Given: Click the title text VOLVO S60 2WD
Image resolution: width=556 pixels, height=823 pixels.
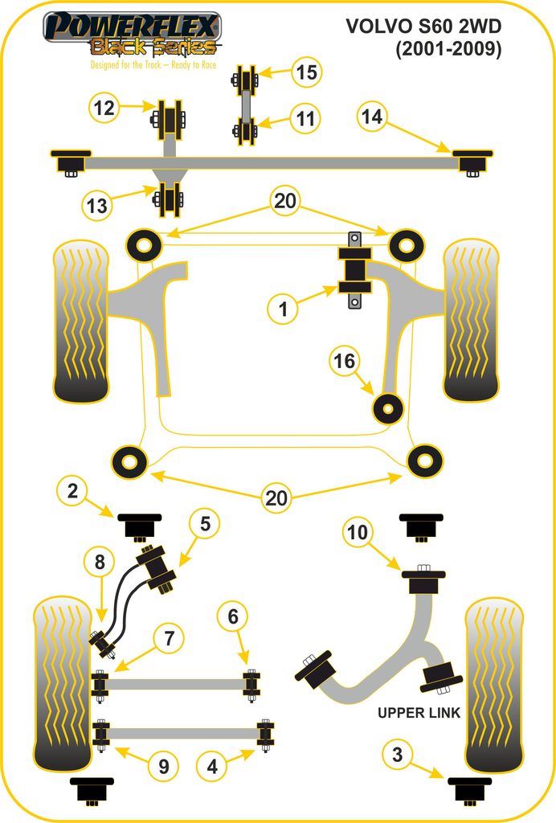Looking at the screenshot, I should (423, 27).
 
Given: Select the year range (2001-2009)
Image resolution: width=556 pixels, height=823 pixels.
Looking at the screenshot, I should (448, 50).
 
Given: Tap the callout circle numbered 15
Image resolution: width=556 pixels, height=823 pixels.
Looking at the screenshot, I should (305, 72).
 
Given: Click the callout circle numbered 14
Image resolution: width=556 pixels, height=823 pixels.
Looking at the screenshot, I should (371, 117).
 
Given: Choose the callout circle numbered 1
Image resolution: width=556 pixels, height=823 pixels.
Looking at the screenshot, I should (283, 308).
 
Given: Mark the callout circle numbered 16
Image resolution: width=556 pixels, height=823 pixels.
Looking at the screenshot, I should (344, 362).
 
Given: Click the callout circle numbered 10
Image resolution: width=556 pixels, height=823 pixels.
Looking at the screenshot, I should (358, 531).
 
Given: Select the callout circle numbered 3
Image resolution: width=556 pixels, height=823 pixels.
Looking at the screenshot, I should (397, 754).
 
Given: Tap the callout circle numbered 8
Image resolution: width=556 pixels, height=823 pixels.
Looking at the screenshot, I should (100, 563).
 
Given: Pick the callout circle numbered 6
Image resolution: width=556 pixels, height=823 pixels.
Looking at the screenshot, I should (233, 616).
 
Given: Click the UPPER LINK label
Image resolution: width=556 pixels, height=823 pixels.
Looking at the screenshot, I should (419, 713).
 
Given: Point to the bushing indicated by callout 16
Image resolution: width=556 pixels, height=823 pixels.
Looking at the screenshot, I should (388, 408).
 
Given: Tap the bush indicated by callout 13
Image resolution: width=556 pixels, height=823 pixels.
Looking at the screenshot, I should (170, 200).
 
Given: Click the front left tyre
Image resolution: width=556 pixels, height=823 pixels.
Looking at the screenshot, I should (80, 321).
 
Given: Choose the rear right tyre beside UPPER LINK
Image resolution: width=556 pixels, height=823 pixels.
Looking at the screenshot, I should (494, 683).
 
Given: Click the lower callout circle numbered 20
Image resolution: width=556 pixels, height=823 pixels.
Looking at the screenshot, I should (276, 498).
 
